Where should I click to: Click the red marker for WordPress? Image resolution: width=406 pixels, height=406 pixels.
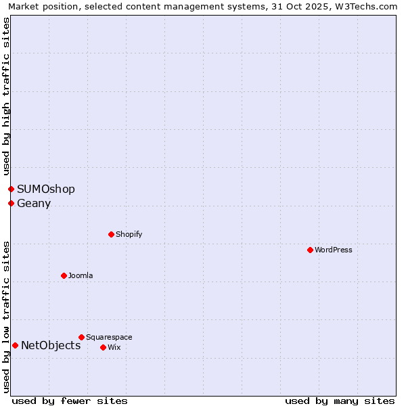310,250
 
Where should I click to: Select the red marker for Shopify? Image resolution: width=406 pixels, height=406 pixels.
111,234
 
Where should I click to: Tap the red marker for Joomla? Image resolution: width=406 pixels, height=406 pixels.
64,275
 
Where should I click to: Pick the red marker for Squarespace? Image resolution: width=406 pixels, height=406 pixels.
81,337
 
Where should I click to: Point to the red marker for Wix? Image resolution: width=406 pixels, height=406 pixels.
103,347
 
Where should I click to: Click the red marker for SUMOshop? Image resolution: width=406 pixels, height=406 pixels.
11,189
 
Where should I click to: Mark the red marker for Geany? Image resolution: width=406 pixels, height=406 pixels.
11,203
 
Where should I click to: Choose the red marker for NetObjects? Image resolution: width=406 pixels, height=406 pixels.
15,345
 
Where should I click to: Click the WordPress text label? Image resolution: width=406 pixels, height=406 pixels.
334,250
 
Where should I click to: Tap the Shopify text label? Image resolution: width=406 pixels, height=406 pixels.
129,234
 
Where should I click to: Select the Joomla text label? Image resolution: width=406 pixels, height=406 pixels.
81,275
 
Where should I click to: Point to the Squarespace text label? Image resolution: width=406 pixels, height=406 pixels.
109,337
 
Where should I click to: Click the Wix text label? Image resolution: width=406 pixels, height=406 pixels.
114,347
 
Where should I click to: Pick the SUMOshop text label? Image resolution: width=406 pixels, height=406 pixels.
46,189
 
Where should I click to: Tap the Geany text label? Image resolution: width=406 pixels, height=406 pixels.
34,203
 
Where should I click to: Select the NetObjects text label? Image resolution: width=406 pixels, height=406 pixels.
51,345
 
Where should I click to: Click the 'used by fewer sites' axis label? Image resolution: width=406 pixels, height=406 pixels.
70,401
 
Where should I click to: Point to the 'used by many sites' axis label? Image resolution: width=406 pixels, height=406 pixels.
340,401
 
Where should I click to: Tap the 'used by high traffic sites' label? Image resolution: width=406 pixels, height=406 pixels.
6,96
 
